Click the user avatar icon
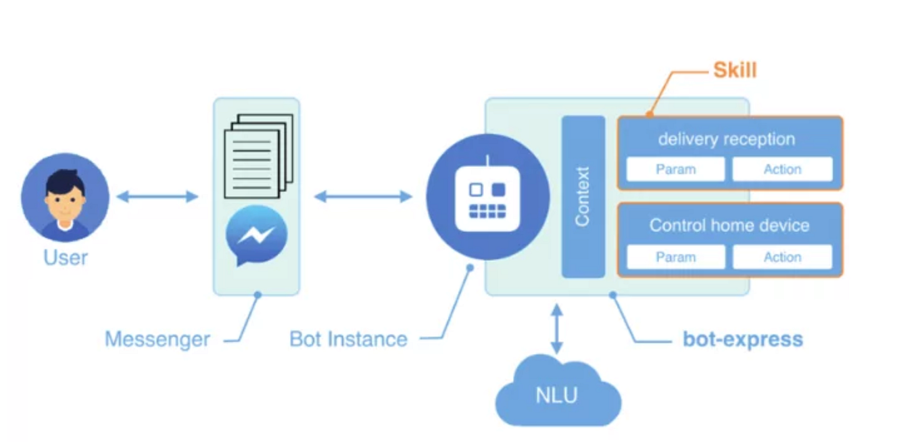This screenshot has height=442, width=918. click(65, 197)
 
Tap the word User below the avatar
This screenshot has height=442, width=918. click(66, 257)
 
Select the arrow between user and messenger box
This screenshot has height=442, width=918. click(157, 197)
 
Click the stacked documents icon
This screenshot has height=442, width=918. click(258, 155)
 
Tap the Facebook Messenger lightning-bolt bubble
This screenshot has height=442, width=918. click(256, 236)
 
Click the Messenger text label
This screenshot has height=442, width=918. click(158, 339)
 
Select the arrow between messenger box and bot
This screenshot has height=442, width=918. click(363, 197)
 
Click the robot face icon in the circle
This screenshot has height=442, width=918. click(487, 197)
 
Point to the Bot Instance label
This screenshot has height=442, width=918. click(348, 339)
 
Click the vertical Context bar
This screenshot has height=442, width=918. click(583, 197)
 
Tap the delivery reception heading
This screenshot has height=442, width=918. click(727, 139)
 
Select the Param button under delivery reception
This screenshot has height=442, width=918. click(675, 170)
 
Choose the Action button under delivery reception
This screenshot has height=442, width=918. click(782, 170)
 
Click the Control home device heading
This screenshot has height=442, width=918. click(729, 225)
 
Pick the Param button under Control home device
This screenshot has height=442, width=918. click(675, 257)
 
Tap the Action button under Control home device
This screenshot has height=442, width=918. click(782, 257)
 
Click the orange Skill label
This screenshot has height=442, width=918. click(735, 70)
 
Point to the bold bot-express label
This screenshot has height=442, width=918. click(743, 339)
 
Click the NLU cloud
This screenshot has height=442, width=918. click(558, 395)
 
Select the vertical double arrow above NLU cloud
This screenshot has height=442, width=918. click(556, 329)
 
